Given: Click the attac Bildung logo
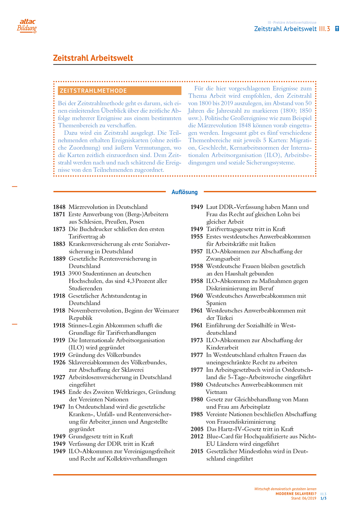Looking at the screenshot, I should [27, 26].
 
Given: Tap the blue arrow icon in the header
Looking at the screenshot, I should [337, 29].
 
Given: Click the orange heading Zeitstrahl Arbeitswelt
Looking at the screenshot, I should [93, 58].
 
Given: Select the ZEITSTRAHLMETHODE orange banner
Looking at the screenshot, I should [120, 91].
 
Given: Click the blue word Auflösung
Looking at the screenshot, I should [185, 192].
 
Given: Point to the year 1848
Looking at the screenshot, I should [59, 207].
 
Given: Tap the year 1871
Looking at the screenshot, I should [59, 214].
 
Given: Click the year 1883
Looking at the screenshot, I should [59, 244].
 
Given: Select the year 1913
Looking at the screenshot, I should [59, 274].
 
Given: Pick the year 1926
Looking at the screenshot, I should [59, 362].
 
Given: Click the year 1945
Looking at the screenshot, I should [59, 392].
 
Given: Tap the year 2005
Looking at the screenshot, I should [197, 429].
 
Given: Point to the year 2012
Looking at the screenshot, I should [197, 436].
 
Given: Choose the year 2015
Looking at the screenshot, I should [197, 451].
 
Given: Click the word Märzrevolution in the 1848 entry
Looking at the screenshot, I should [90, 207].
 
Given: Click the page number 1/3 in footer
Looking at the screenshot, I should [323, 498].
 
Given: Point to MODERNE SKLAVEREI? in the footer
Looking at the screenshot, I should [296, 494].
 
